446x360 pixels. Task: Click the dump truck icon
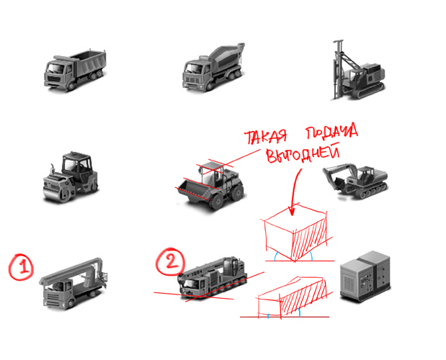75,70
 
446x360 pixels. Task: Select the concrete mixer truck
213,68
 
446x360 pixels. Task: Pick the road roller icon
71,177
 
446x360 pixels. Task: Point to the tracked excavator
355,181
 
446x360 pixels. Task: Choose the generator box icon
365,276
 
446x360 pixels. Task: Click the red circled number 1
21,267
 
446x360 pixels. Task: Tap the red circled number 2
170,261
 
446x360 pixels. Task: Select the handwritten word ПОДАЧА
331,132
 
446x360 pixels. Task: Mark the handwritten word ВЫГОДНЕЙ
303,154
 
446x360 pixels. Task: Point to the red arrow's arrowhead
291,210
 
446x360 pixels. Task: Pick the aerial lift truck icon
73,284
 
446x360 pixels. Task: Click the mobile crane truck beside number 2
212,277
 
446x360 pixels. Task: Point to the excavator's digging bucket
338,183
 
